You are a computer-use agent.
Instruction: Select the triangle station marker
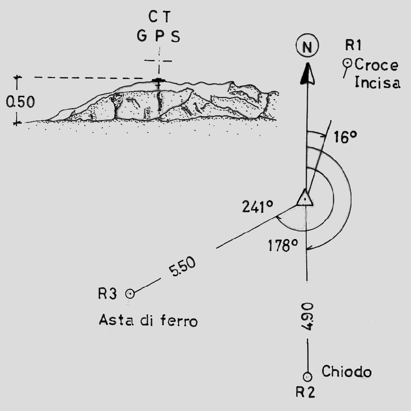304,198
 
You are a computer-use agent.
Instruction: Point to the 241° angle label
257,206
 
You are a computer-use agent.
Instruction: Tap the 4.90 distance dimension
308,316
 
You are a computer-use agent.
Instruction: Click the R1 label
354,46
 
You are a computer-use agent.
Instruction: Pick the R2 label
305,392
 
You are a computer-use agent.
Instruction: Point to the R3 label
108,293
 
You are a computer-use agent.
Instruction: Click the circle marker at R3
129,294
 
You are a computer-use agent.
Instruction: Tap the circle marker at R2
308,376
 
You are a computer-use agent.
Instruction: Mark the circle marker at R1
348,62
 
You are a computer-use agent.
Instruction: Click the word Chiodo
346,371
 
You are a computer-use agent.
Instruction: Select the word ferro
179,321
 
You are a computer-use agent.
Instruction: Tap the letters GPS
158,37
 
